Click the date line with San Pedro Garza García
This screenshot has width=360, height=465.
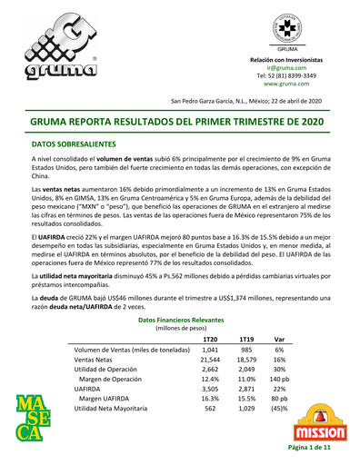(245, 100)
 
